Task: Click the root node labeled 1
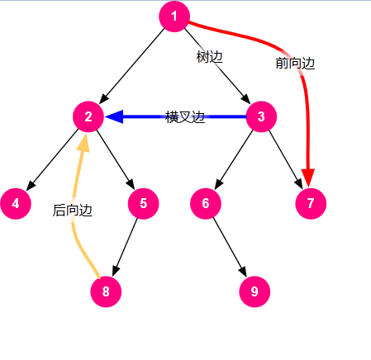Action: click(x=174, y=17)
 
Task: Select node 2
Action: click(x=88, y=116)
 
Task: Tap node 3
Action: click(x=261, y=116)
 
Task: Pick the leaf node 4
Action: click(x=16, y=204)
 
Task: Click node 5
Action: click(x=143, y=204)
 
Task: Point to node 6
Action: click(x=206, y=204)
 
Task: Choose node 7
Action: click(x=311, y=204)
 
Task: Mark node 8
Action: click(x=106, y=291)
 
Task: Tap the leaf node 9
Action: click(x=254, y=291)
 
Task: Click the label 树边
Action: click(x=209, y=57)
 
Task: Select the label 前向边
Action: click(x=295, y=63)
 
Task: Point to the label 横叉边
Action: click(x=185, y=117)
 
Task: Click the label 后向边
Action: click(x=73, y=211)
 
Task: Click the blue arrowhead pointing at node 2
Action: click(x=114, y=116)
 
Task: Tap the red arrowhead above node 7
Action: click(x=308, y=178)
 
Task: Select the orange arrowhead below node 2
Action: click(x=84, y=143)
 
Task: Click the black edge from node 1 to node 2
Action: click(x=132, y=66)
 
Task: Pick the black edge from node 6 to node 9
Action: click(x=230, y=247)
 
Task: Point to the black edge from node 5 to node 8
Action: click(x=125, y=247)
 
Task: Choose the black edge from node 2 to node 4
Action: click(x=52, y=159)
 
